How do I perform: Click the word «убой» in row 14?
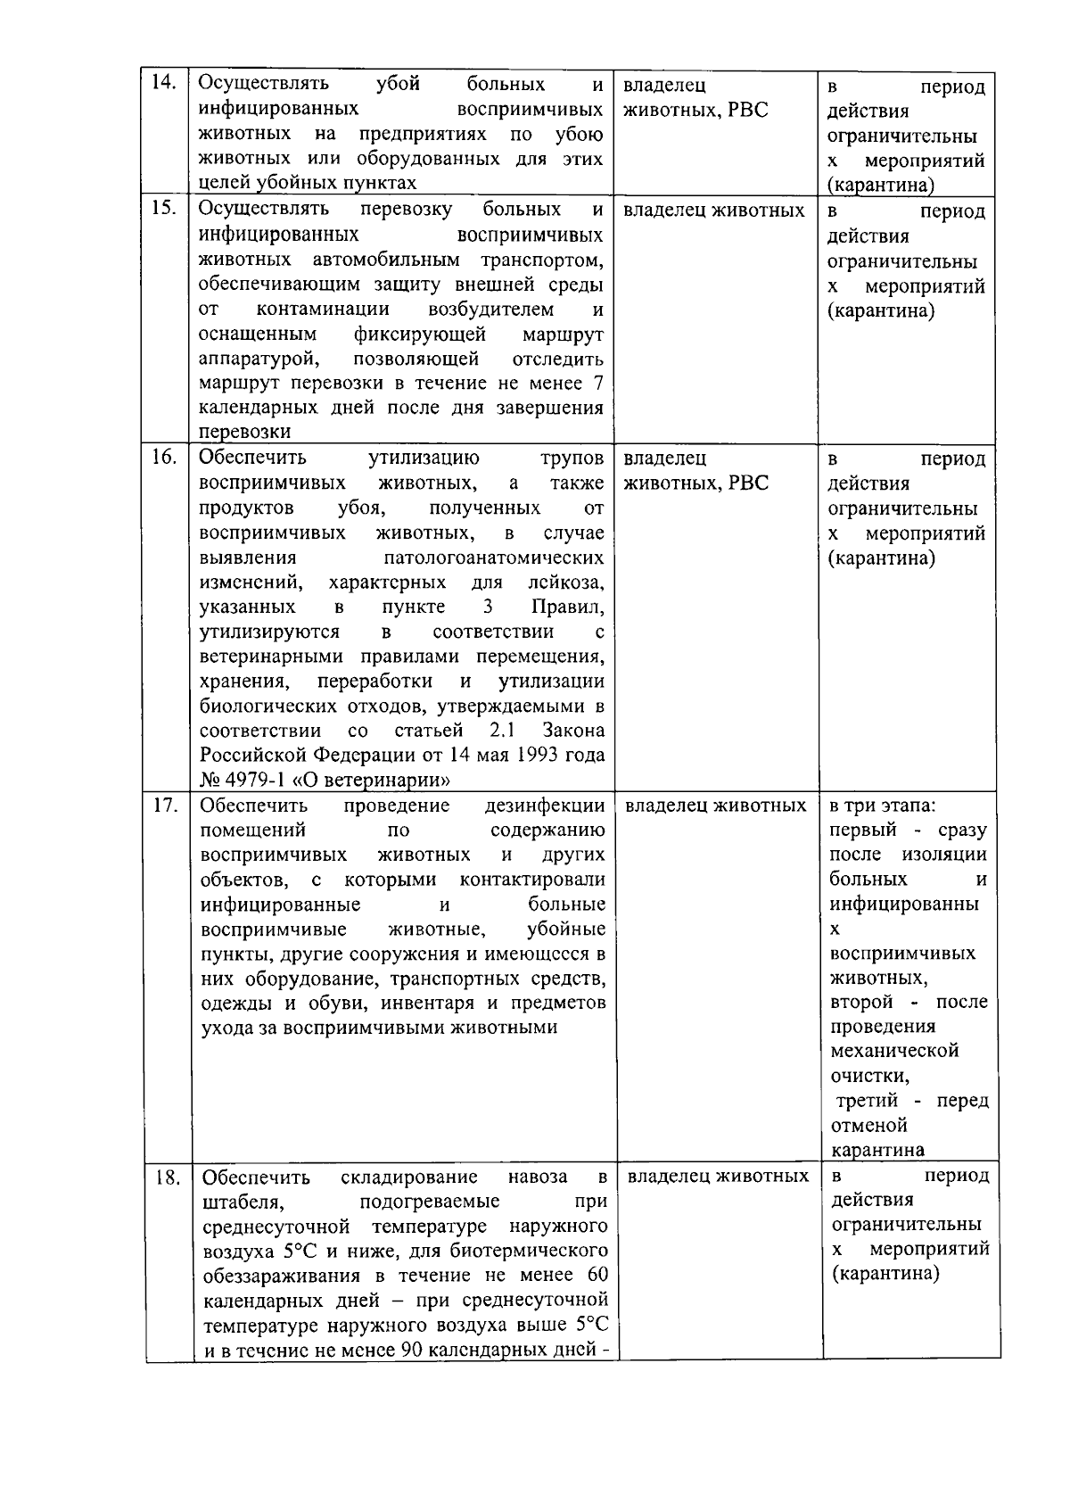click(x=398, y=85)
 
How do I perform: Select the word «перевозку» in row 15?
click(x=407, y=210)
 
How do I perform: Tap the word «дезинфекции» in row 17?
click(x=545, y=806)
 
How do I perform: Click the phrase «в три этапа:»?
click(x=882, y=806)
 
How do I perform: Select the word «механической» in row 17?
click(x=894, y=1051)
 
